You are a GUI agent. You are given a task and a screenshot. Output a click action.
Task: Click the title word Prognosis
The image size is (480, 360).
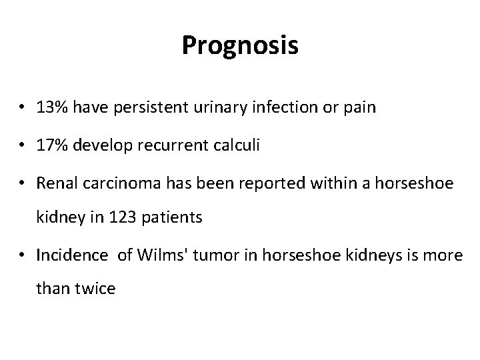point(240,46)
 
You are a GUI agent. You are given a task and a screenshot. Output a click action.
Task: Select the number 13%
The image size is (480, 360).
point(51,107)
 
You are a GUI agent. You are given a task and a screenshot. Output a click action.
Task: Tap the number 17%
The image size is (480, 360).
point(51,146)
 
